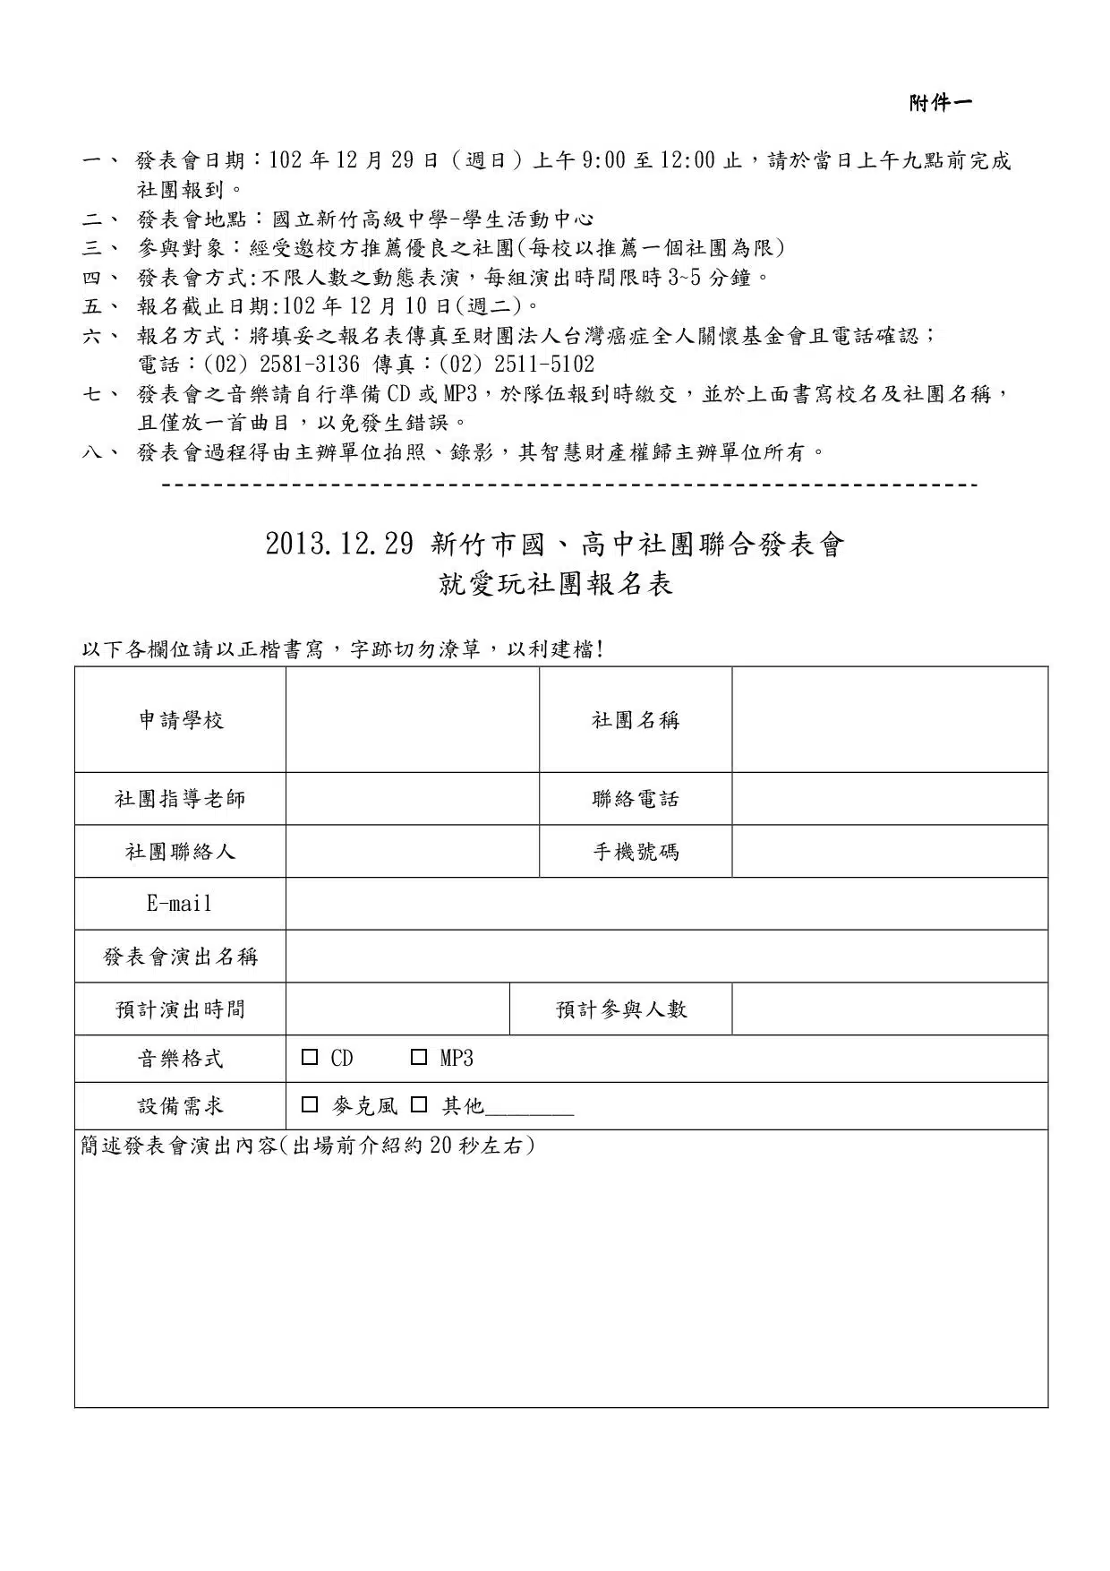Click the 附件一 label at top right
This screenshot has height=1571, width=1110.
[940, 104]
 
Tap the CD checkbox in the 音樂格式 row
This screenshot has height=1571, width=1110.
[310, 1058]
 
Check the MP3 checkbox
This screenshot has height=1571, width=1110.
[418, 1058]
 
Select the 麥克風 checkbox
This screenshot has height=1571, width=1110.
[310, 1105]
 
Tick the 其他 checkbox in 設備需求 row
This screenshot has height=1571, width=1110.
[418, 1105]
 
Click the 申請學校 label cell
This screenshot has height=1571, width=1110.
[181, 720]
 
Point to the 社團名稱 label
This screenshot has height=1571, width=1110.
[636, 720]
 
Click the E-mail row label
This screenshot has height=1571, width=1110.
[180, 904]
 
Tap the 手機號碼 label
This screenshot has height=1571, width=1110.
[636, 852]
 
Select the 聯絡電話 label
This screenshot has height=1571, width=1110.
[636, 799]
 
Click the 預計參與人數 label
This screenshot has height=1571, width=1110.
[621, 1009]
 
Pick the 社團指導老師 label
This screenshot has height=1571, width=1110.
[180, 799]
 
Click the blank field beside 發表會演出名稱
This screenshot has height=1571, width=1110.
[666, 957]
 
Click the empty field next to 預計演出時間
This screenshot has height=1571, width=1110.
[397, 1009]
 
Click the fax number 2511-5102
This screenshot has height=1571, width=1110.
[543, 365]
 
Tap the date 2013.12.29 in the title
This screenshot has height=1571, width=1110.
[339, 545]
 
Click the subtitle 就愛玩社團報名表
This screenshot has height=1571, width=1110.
[555, 585]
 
